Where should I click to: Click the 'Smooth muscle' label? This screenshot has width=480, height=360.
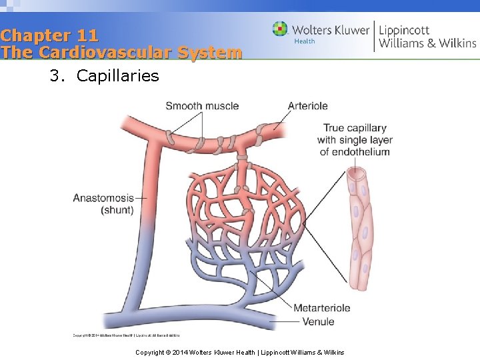coord(202,105)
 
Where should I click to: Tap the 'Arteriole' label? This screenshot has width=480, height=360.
coord(307,105)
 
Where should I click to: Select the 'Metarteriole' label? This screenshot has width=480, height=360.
coord(322,308)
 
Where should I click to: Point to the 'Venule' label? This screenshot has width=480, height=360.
coord(318,321)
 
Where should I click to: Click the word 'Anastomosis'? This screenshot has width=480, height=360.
coord(103,198)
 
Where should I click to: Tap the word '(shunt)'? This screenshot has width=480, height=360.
coord(117,210)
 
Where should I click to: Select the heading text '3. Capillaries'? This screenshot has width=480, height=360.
coord(104,75)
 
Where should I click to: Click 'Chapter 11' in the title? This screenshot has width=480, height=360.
coord(49,35)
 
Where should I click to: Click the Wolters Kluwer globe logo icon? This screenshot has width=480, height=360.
coord(280,29)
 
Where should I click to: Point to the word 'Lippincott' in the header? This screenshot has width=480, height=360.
coord(404,29)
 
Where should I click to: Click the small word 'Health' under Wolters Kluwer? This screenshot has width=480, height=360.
coord(304,41)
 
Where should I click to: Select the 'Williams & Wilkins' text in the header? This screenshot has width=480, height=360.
coord(427,43)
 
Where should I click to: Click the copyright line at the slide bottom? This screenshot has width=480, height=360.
coord(239,352)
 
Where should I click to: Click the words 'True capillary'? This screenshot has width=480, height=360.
coord(355,128)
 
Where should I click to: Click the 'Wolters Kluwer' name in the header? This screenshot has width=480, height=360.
coord(331,29)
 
